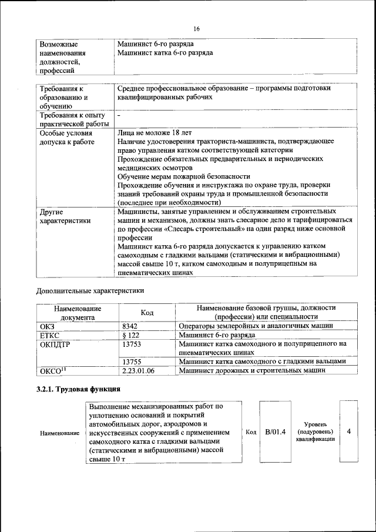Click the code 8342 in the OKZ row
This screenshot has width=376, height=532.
point(130,325)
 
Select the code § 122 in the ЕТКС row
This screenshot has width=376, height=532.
point(130,334)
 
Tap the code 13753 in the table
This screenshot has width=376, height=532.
point(132,344)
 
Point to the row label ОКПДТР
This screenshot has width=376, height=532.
point(55,344)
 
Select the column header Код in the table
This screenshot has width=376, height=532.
point(147,313)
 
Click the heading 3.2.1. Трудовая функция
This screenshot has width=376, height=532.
point(79,389)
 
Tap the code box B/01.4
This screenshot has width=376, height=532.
point(275,432)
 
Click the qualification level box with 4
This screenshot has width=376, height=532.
point(349,432)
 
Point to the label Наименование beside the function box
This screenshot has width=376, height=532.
point(59,433)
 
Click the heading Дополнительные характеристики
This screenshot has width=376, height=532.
point(90,290)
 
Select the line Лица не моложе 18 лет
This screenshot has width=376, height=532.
point(154,133)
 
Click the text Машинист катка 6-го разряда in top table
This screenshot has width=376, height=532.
point(164,53)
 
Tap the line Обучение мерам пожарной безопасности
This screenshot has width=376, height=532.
point(183,176)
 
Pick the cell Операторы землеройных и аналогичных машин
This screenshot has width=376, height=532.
point(256,325)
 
